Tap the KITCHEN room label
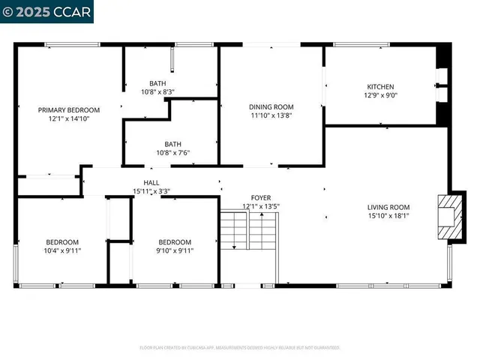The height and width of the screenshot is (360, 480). click(x=379, y=87)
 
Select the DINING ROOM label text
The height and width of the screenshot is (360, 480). click(x=271, y=107)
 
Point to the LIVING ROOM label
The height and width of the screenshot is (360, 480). click(x=388, y=207)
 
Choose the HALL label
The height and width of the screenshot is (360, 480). click(x=151, y=182)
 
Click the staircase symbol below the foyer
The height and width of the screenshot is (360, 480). click(x=248, y=231)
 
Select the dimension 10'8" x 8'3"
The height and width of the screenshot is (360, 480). click(x=157, y=92)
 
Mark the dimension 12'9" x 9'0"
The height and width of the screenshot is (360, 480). click(x=379, y=95)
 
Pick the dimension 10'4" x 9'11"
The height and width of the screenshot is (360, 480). click(x=62, y=250)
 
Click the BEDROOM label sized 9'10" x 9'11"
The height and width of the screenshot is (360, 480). click(x=175, y=241)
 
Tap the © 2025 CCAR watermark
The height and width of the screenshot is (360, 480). click(x=46, y=11)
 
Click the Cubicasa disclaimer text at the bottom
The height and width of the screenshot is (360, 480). click(x=240, y=348)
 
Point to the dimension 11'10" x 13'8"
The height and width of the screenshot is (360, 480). click(x=271, y=115)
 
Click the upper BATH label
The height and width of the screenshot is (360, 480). click(x=157, y=84)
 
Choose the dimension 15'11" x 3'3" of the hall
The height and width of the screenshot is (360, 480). click(x=151, y=191)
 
